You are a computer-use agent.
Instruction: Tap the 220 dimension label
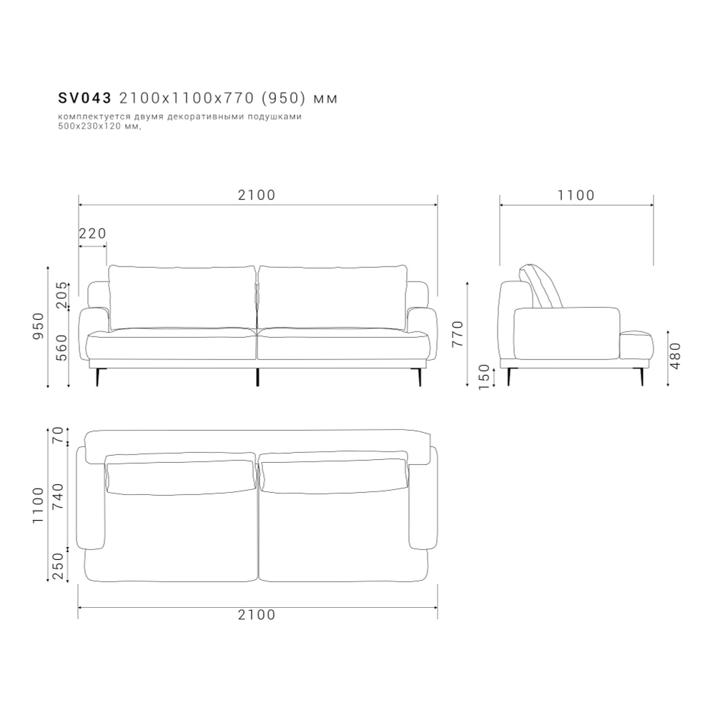pyautogui.click(x=92, y=234)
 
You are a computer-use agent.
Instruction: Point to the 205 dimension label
pyautogui.click(x=62, y=296)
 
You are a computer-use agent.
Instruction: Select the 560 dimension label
pyautogui.click(x=62, y=347)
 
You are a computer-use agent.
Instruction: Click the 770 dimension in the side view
pyautogui.click(x=458, y=334)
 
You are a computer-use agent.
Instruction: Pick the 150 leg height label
pyautogui.click(x=484, y=376)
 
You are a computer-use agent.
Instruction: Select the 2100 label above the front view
pyautogui.click(x=257, y=194)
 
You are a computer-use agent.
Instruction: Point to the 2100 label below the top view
pyautogui.click(x=257, y=615)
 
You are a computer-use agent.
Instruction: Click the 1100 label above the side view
pyautogui.click(x=576, y=195)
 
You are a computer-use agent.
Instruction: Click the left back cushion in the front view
pyautogui.click(x=182, y=296)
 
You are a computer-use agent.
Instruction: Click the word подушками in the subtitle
pyautogui.click(x=282, y=117)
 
